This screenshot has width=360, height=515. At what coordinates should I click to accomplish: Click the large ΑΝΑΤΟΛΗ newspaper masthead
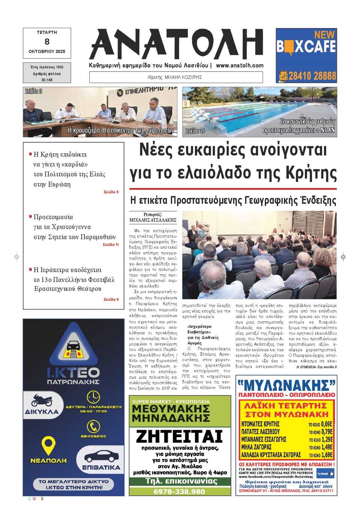tap(176, 44)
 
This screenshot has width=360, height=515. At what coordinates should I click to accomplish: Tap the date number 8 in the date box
tap(47, 42)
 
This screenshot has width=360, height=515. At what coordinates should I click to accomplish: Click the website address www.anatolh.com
tap(240, 65)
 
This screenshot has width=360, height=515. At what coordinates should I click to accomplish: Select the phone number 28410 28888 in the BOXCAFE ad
tap(312, 76)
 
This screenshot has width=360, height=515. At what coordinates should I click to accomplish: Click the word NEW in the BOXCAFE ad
tap(324, 35)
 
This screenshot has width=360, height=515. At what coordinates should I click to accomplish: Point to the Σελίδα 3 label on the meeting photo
tap(34, 91)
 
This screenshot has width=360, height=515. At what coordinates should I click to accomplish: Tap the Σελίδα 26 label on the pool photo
tap(195, 131)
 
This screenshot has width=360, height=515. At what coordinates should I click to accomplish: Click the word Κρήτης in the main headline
tap(311, 173)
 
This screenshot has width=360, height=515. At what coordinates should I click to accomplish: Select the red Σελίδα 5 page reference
tap(111, 192)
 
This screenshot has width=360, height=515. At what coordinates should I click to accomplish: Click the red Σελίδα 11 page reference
tap(111, 245)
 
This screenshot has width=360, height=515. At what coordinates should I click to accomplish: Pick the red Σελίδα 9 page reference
tap(111, 299)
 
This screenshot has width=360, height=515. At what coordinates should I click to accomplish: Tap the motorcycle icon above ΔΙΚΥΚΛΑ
tap(42, 400)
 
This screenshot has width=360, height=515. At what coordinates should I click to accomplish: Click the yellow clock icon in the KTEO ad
tap(93, 397)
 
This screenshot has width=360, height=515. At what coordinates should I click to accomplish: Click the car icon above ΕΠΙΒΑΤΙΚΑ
tap(101, 456)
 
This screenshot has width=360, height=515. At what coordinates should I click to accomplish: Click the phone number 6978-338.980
tap(179, 491)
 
